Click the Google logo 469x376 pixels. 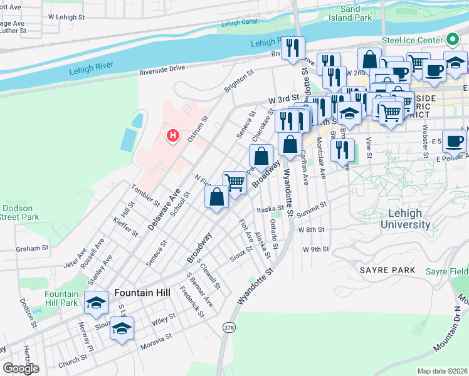(21, 368)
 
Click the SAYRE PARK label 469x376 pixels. (387, 270)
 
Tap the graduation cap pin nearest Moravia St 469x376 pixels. (122, 328)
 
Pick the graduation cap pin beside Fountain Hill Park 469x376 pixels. (95, 304)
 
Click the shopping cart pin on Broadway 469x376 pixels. (234, 183)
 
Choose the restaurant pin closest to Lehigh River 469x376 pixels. (293, 48)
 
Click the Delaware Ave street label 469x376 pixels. (164, 209)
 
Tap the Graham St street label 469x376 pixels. (33, 248)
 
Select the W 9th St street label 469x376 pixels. (315, 249)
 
